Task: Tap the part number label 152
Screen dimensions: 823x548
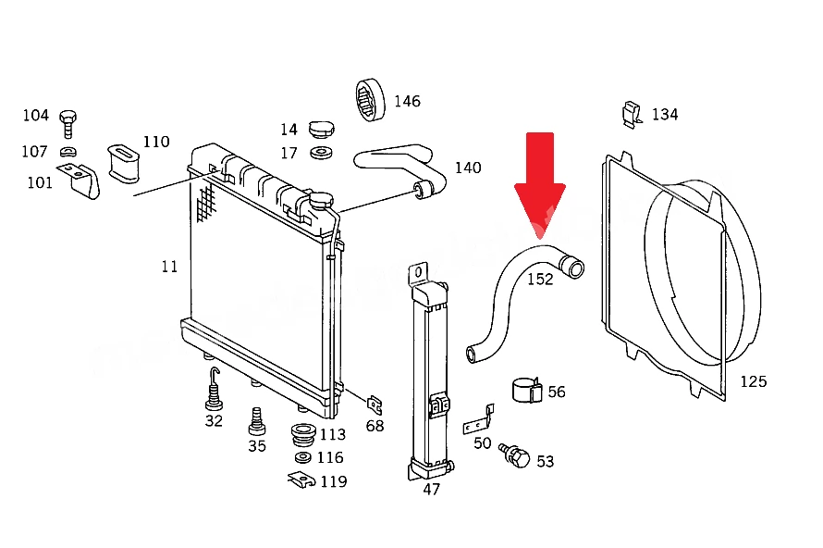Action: coord(540,279)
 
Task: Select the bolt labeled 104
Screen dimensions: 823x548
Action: coord(68,124)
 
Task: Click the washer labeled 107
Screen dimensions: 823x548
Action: coord(68,152)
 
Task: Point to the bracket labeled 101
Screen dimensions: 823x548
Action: coord(80,181)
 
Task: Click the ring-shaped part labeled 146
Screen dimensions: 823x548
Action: coord(370,100)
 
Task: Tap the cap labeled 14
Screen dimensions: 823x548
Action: coord(321,129)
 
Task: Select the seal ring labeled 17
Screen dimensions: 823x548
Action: coord(321,153)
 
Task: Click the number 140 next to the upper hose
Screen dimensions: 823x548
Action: coord(468,168)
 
